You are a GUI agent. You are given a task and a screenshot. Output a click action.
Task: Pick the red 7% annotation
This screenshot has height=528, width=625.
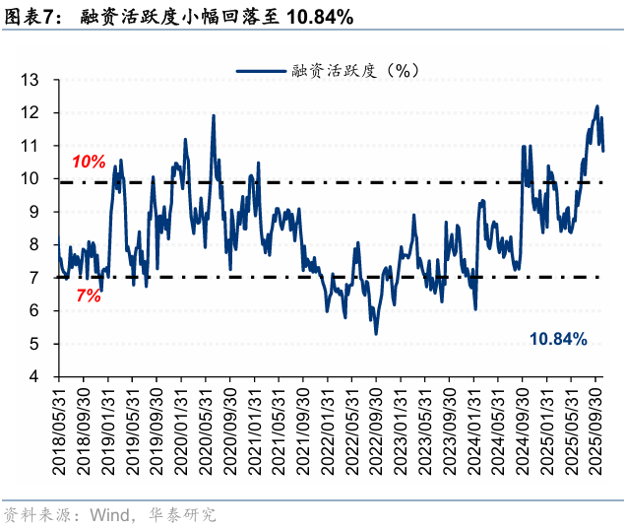click(88, 295)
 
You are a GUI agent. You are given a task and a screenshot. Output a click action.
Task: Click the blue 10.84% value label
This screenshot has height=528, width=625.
click(558, 339)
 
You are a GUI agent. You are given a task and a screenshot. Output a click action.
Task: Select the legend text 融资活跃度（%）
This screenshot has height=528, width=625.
click(357, 70)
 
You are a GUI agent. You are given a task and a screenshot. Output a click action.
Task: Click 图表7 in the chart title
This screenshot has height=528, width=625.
click(31, 17)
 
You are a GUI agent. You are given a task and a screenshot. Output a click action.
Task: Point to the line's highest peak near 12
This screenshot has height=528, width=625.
click(596, 106)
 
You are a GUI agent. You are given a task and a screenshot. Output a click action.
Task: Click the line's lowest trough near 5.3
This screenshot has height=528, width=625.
click(376, 334)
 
